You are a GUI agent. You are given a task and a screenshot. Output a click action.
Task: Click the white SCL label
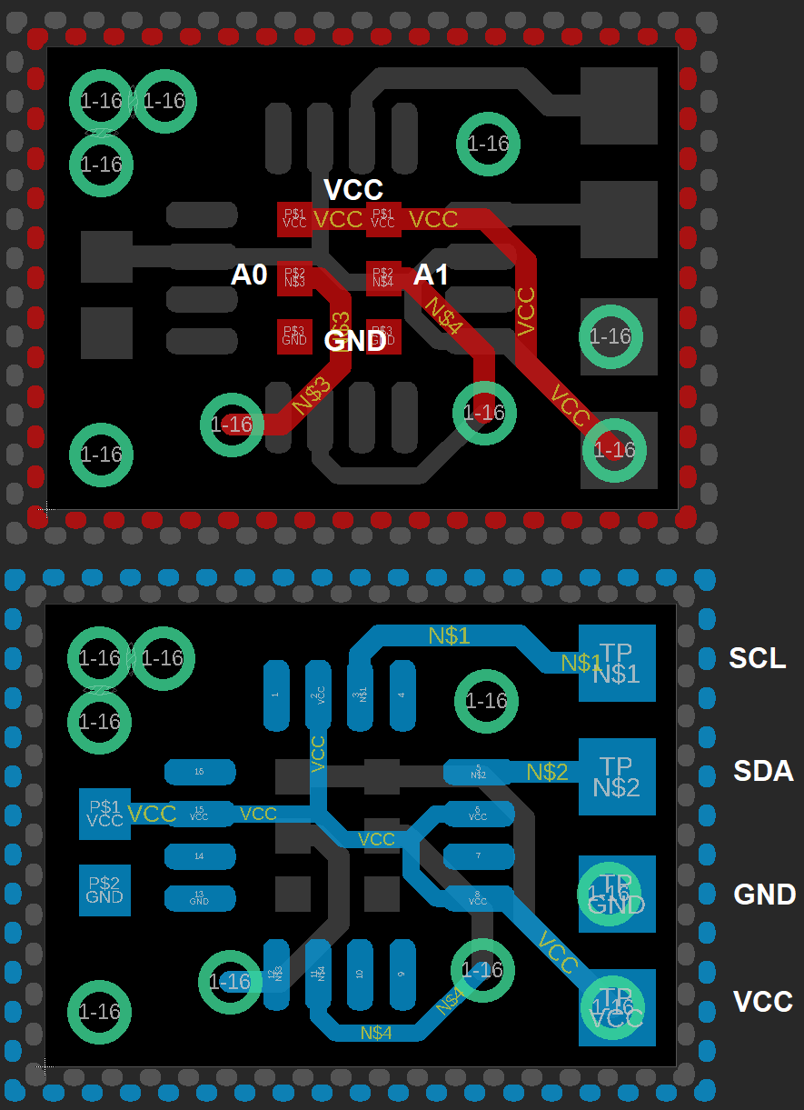click(757, 658)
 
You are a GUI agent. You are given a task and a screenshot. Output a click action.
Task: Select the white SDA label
click(763, 772)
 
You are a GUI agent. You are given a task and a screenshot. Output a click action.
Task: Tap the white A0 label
click(249, 275)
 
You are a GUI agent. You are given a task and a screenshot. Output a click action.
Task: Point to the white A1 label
click(432, 275)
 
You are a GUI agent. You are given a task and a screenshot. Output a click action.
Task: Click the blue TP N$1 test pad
click(617, 664)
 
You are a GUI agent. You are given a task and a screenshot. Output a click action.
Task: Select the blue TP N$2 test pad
click(617, 776)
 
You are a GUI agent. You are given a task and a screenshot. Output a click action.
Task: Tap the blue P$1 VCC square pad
click(104, 813)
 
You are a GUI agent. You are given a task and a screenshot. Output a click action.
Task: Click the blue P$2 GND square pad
click(104, 889)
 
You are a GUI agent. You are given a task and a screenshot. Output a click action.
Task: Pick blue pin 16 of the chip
click(200, 772)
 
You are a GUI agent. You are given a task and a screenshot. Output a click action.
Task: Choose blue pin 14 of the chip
click(200, 856)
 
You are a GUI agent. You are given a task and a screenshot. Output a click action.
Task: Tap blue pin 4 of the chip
click(402, 695)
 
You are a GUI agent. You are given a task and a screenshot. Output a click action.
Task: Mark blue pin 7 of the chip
click(478, 856)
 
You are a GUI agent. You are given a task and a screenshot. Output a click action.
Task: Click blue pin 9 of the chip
click(402, 975)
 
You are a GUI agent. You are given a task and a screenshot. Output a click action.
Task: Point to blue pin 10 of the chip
click(361, 975)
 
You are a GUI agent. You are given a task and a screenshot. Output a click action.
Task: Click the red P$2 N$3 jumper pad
click(294, 277)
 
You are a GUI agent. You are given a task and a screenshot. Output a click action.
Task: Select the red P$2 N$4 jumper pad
click(383, 277)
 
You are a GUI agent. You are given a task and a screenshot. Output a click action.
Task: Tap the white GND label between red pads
click(356, 341)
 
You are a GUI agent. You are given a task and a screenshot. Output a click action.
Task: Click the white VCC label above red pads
click(353, 190)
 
